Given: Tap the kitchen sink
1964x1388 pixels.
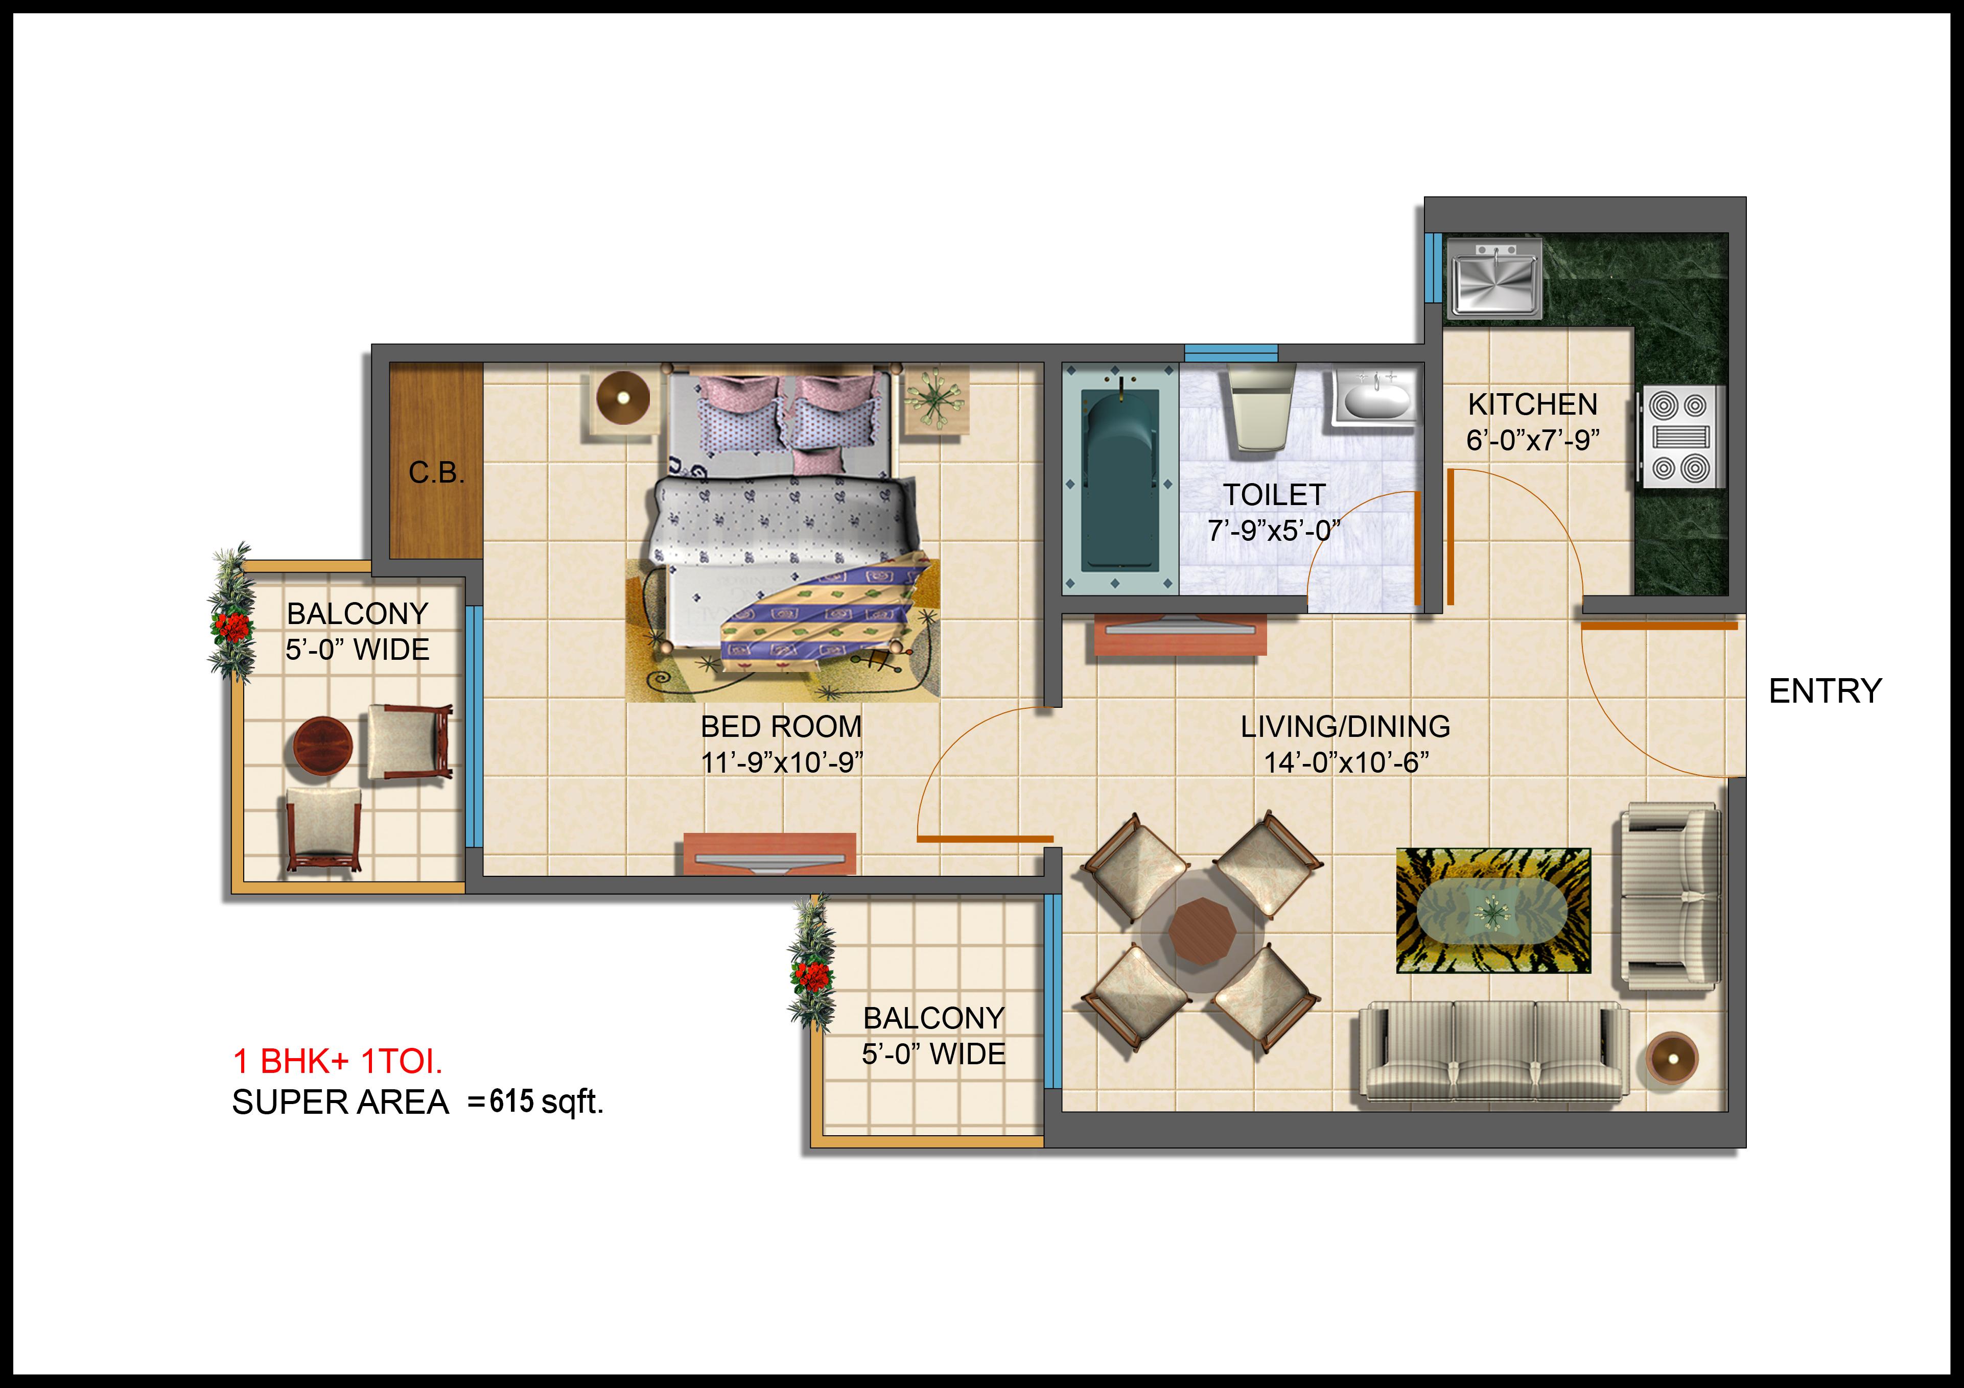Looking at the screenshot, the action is tap(1493, 277).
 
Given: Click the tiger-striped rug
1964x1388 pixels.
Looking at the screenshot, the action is tap(1493, 911).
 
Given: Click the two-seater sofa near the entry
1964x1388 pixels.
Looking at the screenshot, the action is tap(1668, 896).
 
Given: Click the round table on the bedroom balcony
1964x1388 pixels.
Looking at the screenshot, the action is tap(322, 745).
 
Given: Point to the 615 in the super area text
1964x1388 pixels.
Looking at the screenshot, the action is tap(511, 1102).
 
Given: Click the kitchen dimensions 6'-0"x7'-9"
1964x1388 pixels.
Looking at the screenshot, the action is tap(1533, 440).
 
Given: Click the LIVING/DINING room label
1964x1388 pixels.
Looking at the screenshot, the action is tap(1346, 727).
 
